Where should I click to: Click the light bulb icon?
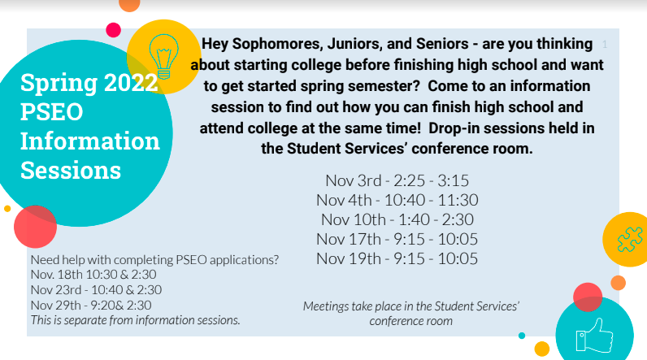point(164,57)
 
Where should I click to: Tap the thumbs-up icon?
point(595,336)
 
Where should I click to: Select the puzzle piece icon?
point(630,239)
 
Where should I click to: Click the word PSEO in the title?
point(51,112)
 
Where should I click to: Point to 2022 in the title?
point(131,82)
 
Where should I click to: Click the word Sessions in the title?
point(71,171)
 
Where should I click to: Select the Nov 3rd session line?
point(397,180)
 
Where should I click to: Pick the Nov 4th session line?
point(397,200)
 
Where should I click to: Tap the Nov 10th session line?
point(397,219)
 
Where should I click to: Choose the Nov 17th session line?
point(397,239)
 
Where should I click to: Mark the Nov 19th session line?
point(397,258)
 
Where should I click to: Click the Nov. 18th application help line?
point(93,274)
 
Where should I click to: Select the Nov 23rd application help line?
point(96,289)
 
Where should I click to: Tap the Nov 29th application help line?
point(91,306)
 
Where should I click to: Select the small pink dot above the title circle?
point(114,30)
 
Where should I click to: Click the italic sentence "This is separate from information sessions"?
point(136,320)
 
